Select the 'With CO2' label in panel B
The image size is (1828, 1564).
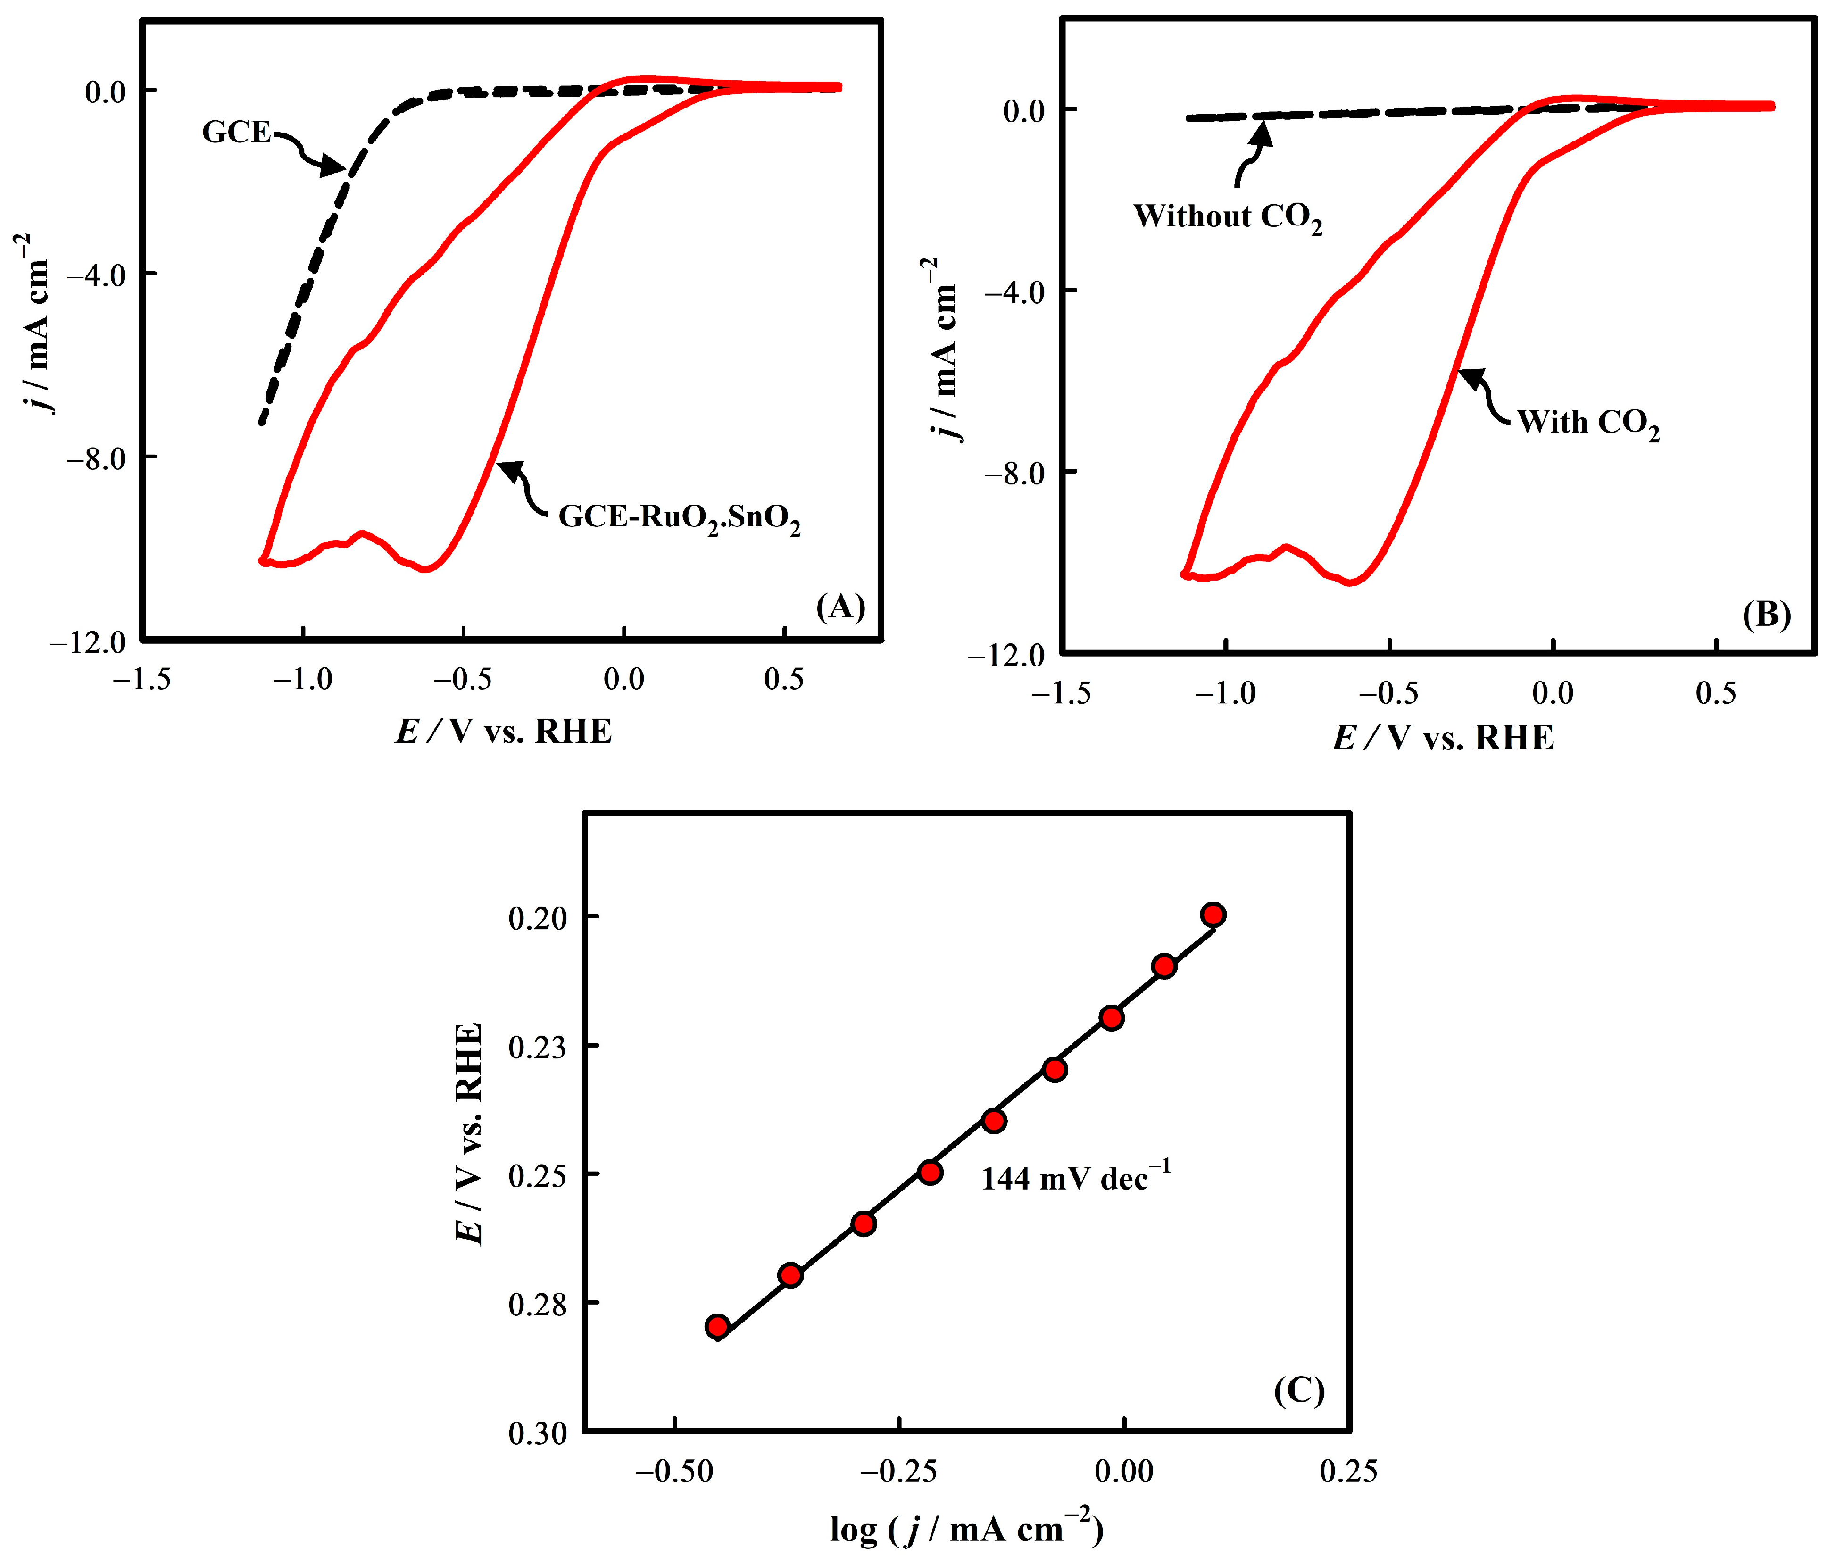(x=1588, y=424)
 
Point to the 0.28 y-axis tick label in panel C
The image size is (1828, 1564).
(x=538, y=1303)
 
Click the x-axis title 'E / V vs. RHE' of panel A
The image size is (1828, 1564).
(x=503, y=731)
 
